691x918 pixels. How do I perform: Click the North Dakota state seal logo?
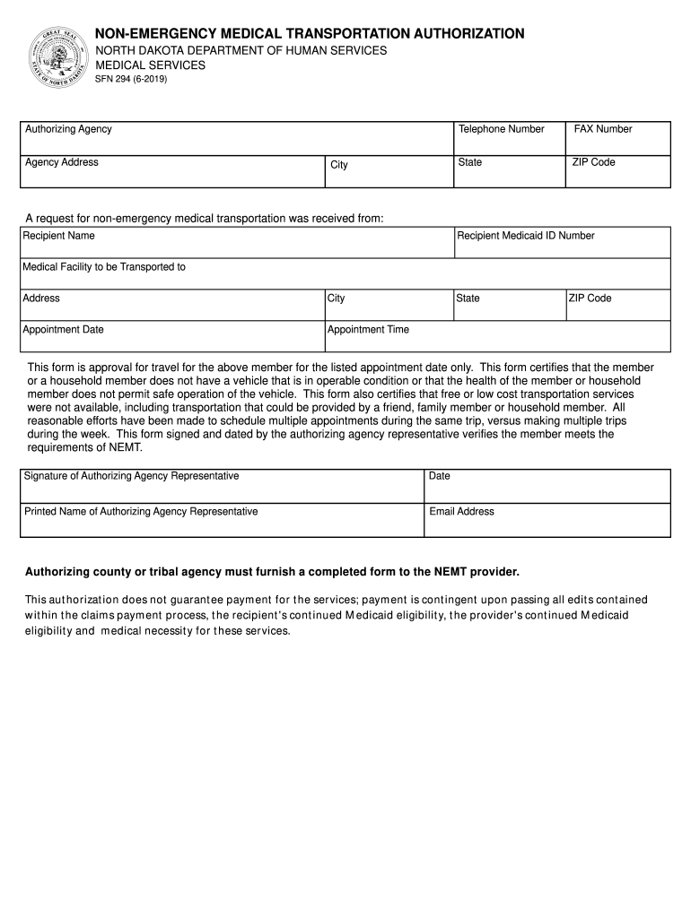click(57, 57)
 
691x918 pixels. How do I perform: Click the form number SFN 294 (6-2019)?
click(131, 79)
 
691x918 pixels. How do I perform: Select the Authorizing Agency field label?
click(68, 129)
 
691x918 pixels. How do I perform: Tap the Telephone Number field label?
click(501, 129)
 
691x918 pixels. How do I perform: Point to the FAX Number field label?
click(603, 129)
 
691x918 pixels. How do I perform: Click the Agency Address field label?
click(62, 162)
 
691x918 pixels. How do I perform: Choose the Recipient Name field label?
click(59, 236)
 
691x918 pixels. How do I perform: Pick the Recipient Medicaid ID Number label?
click(526, 236)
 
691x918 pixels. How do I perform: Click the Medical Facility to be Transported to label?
click(104, 267)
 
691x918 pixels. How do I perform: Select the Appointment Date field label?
click(63, 330)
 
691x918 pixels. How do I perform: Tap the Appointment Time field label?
click(368, 330)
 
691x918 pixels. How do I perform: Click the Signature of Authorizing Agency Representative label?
click(132, 476)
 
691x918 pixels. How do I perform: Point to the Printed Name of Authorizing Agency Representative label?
click(141, 512)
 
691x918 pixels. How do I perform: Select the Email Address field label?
click(461, 512)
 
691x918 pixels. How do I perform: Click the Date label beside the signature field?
click(440, 476)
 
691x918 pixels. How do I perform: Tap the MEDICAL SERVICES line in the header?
click(151, 65)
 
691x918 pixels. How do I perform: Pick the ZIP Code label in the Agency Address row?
click(593, 162)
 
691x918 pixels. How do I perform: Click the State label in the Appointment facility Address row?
click(468, 299)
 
